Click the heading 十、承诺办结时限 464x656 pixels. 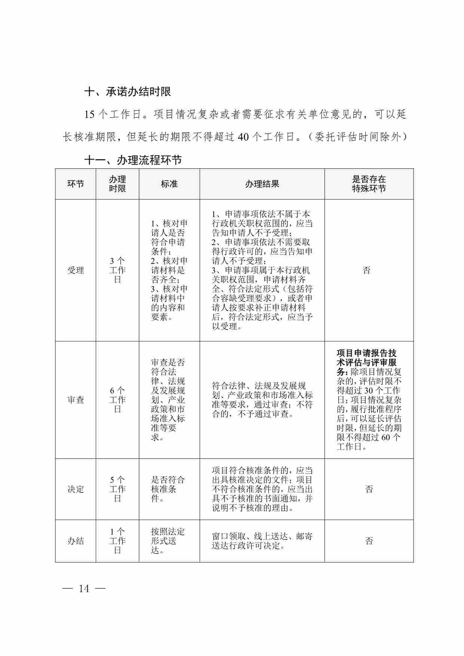(128, 92)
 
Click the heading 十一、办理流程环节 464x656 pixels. (133, 160)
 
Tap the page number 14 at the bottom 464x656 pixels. (84, 589)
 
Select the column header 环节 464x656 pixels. (76, 184)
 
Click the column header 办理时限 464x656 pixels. (117, 184)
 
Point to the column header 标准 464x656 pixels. (169, 184)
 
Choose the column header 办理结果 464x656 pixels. (262, 184)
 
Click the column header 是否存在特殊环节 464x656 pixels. (369, 184)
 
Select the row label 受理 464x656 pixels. (76, 270)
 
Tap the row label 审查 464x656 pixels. (76, 400)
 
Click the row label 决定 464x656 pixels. (76, 489)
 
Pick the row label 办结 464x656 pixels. (76, 541)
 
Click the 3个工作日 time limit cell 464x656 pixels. (117, 270)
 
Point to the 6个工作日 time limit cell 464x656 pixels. (117, 400)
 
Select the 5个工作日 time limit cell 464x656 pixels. (117, 489)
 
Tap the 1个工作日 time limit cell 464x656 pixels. (117, 541)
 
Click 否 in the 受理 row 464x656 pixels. (367, 270)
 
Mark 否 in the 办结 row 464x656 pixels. (369, 541)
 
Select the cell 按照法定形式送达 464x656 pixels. (168, 541)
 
